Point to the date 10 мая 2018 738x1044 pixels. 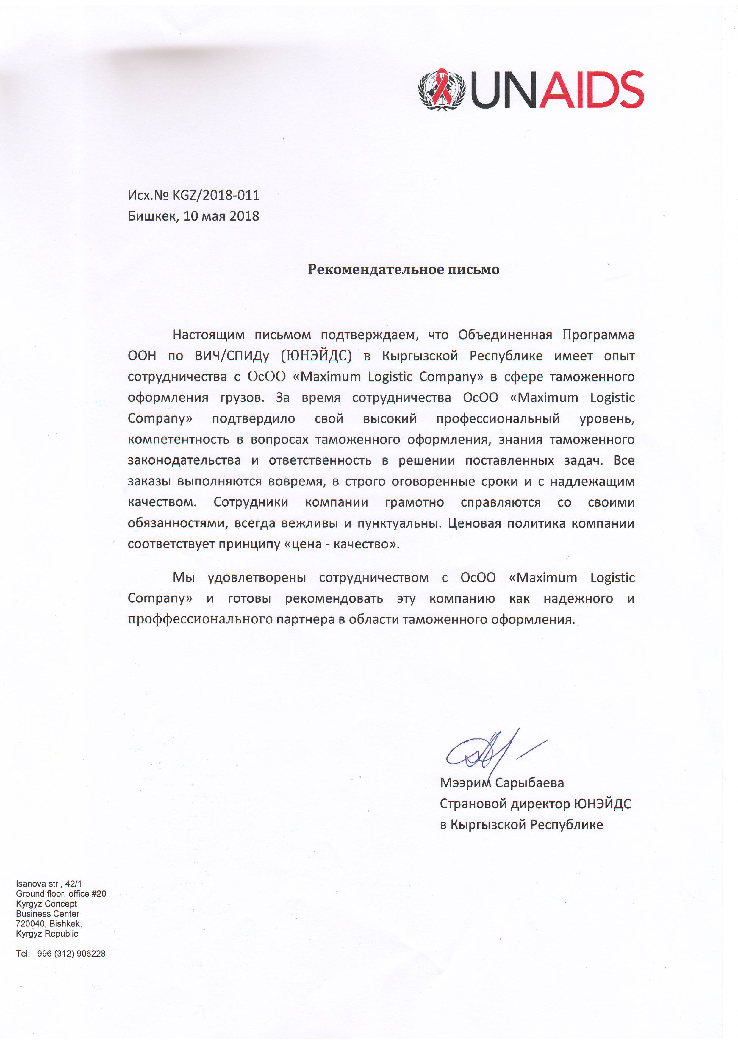[221, 216]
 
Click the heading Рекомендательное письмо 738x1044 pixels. [403, 269]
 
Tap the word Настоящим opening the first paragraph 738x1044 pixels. [208, 335]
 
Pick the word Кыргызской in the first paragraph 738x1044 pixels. [420, 356]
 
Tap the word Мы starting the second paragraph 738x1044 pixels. [184, 578]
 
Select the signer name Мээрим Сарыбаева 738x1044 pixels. [501, 783]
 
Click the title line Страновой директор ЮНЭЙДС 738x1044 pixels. [535, 804]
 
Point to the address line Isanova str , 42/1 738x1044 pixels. [49, 884]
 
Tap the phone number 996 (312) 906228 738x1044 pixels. [71, 954]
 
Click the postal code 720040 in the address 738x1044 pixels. [30, 923]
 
